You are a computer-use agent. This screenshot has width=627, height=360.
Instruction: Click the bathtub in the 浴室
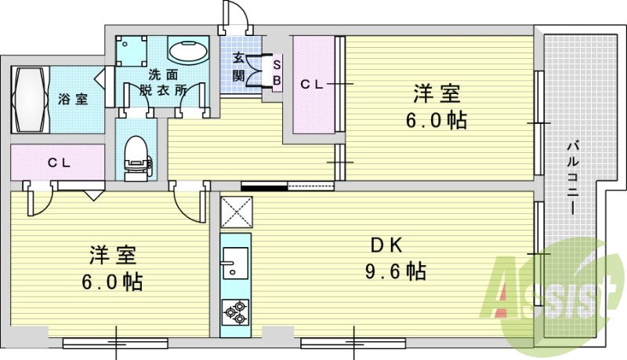pyautogui.click(x=31, y=100)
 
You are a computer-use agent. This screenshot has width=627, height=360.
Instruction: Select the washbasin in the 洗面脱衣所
pyautogui.click(x=188, y=51)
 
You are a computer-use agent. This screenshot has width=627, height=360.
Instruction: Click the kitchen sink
pyautogui.click(x=236, y=263)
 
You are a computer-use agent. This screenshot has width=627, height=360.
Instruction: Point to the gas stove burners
pyautogui.click(x=236, y=313)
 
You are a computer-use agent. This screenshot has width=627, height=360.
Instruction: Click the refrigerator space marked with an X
pyautogui.click(x=237, y=213)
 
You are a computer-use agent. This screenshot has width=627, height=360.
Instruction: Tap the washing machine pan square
pyautogui.click(x=132, y=51)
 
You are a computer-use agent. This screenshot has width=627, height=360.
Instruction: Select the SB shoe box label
pyautogui.click(x=277, y=72)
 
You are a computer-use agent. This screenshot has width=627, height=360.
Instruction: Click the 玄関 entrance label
pyautogui.click(x=238, y=67)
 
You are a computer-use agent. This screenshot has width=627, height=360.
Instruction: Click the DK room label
pyautogui.click(x=386, y=245)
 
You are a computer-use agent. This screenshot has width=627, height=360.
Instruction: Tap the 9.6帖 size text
pyautogui.click(x=395, y=271)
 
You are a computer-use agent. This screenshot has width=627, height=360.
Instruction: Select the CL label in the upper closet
pyautogui.click(x=311, y=85)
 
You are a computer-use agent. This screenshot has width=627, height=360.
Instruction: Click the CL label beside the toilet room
pyautogui.click(x=60, y=163)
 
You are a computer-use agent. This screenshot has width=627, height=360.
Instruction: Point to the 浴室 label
pyautogui.click(x=73, y=99)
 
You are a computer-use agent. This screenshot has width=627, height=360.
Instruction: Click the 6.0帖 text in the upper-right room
pyautogui.click(x=437, y=120)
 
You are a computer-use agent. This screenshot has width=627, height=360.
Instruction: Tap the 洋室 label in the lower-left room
pyautogui.click(x=113, y=255)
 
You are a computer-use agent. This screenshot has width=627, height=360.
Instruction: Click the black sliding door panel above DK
pyautogui.click(x=264, y=186)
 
